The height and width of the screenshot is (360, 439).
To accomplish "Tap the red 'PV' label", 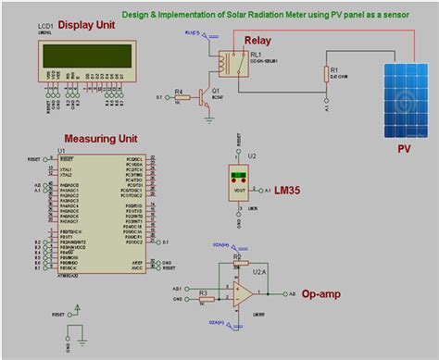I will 404,147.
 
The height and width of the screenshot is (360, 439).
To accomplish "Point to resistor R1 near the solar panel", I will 327,75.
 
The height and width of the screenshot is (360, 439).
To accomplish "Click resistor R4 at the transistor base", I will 181,95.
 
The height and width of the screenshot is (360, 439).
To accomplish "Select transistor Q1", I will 206,98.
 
